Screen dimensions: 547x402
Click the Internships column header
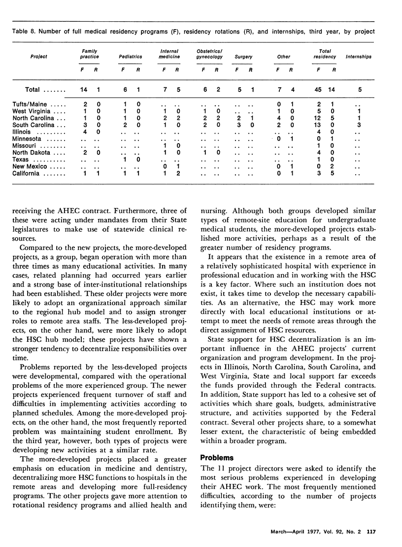click(x=363, y=57)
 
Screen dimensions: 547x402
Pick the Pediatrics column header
click(x=130, y=57)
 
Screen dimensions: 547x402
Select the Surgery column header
click(x=243, y=57)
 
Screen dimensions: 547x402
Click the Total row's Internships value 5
click(x=363, y=90)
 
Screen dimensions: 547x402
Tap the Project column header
click(x=38, y=57)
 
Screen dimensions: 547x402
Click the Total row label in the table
click(x=33, y=90)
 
